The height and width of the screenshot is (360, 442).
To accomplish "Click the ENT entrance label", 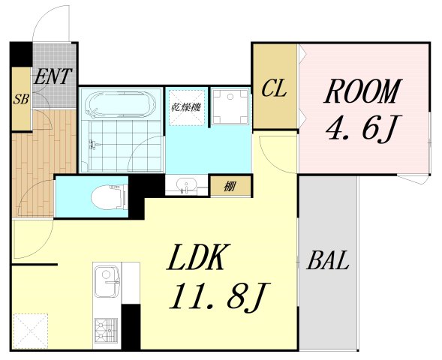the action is click(x=52, y=76).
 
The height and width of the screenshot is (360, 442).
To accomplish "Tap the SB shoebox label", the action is click(x=21, y=99).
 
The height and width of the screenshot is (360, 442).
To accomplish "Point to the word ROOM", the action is click(x=363, y=91).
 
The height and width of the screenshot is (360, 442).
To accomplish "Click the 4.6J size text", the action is click(x=363, y=127).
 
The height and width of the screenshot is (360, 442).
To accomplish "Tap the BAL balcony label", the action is click(x=328, y=260).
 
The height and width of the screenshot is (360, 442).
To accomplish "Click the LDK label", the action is click(x=198, y=257).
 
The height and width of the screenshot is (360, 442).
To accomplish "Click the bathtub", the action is click(x=121, y=103).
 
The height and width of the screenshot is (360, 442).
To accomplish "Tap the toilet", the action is click(x=109, y=197).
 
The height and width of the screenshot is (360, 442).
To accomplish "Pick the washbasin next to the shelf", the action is click(x=186, y=185).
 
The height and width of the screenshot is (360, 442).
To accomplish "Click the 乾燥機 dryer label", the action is click(x=186, y=107).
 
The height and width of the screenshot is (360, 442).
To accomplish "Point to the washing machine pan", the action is click(x=230, y=106).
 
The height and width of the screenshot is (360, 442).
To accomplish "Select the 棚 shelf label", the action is click(x=230, y=186).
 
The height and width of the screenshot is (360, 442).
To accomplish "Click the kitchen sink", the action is click(x=107, y=281).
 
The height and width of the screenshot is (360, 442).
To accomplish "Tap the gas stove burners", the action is click(x=106, y=330).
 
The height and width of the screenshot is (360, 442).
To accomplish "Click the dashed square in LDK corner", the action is click(x=31, y=331).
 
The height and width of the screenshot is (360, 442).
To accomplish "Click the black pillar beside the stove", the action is click(x=131, y=327).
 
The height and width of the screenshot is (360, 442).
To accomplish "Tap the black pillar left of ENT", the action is click(x=21, y=54).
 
